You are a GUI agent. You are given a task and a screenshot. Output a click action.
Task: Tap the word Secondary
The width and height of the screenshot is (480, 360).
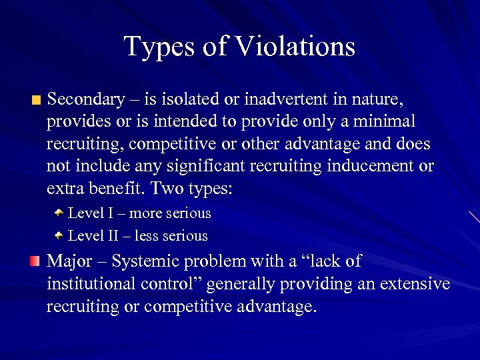(85, 100)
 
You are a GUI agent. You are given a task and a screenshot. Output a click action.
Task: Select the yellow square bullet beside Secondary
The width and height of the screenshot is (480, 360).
(35, 101)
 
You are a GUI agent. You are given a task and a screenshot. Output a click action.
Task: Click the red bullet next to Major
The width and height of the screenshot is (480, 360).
(35, 261)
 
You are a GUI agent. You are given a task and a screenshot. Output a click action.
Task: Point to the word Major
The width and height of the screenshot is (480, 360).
(68, 261)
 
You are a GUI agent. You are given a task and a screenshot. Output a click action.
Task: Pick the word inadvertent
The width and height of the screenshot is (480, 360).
(289, 100)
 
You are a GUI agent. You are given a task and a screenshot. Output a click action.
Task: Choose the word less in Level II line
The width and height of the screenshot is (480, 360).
(145, 236)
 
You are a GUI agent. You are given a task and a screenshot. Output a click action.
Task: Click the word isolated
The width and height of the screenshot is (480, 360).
(191, 100)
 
